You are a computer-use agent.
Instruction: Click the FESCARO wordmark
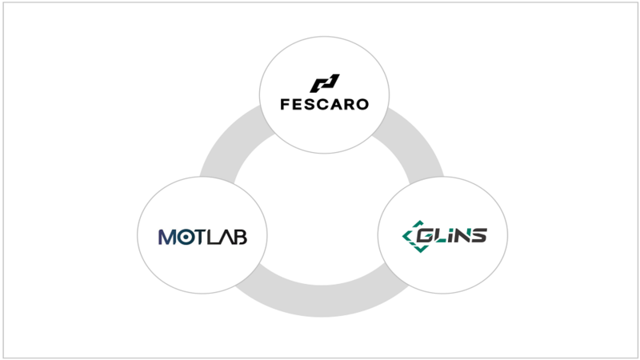coord(325,104)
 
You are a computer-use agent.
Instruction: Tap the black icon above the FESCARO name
coord(325,83)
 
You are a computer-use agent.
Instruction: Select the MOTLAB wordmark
coord(202,237)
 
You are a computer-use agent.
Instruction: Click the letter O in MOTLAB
coord(184,237)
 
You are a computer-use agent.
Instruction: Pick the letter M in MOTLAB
coord(167,237)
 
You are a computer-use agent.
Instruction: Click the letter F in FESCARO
coord(286,104)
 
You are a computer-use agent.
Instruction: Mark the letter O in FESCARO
coord(362,104)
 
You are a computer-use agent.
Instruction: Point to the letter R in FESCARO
coord(349,104)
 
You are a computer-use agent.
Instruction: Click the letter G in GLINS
coord(433,236)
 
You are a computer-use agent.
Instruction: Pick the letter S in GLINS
coord(478,236)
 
